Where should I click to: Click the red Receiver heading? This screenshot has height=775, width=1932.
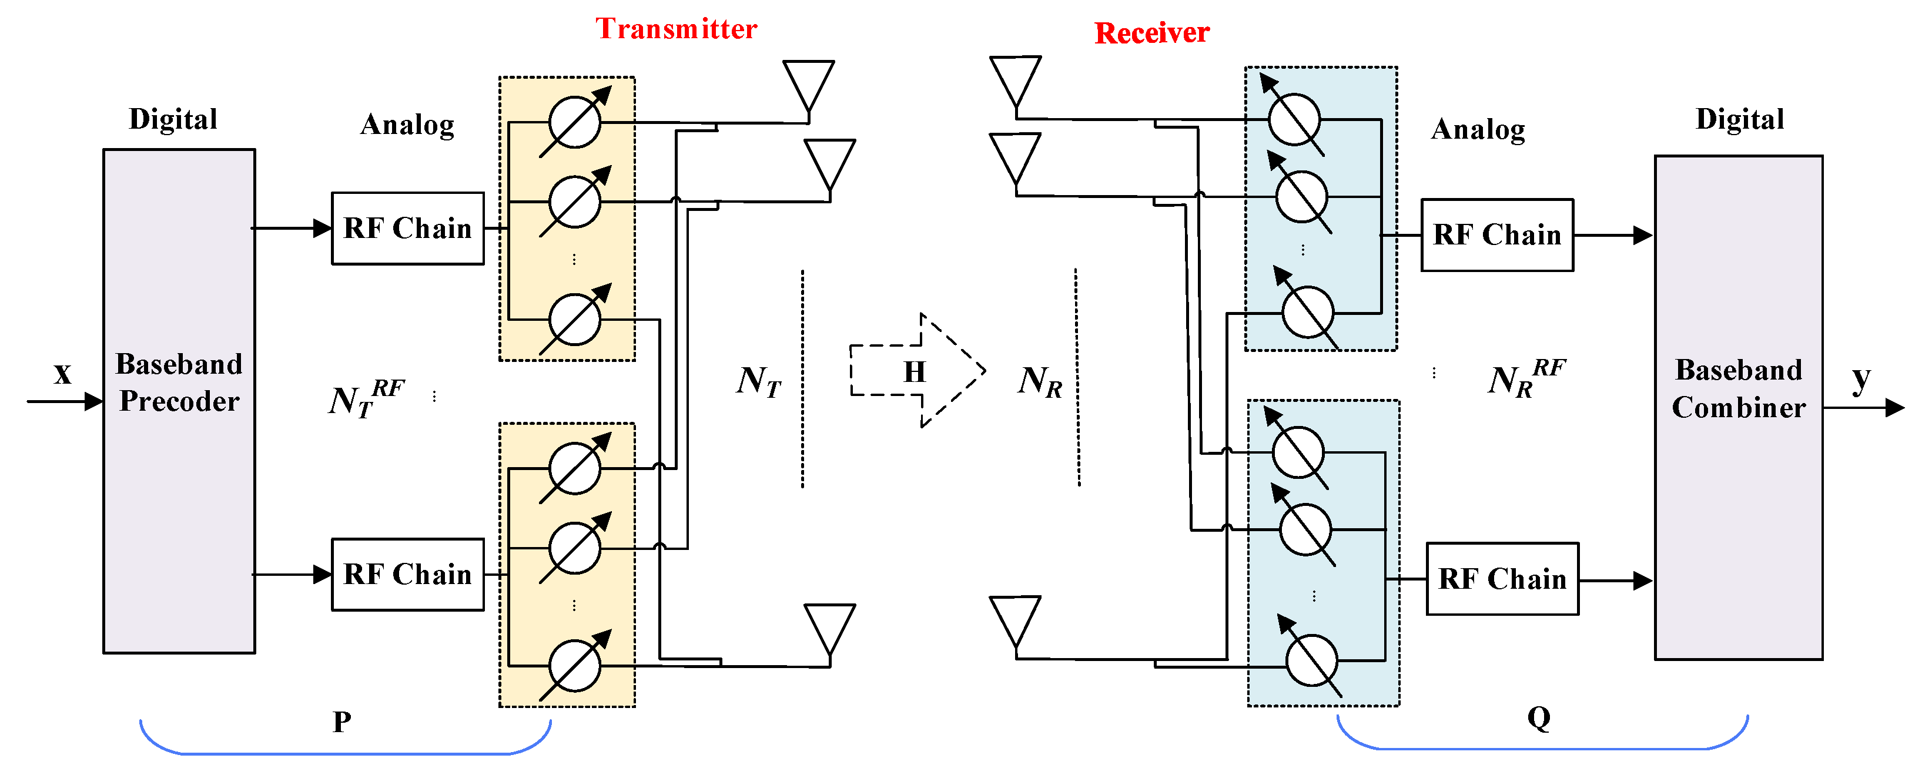pos(1151,33)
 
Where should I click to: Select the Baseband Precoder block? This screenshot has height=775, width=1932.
pos(179,401)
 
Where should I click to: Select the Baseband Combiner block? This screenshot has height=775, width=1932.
pos(1738,407)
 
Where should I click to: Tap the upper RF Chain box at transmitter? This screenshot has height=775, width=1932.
pos(407,229)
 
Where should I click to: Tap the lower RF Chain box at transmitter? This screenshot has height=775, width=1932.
pos(407,574)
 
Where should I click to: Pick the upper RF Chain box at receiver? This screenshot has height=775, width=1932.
pos(1496,234)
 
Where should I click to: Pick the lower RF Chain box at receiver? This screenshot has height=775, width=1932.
pos(1502,579)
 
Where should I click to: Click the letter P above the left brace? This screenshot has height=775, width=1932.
pos(342,722)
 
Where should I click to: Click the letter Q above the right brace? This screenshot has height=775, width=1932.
pos(1539,718)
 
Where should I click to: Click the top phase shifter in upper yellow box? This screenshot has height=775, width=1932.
pos(574,122)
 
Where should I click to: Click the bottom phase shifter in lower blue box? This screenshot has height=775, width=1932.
pos(1311,660)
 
